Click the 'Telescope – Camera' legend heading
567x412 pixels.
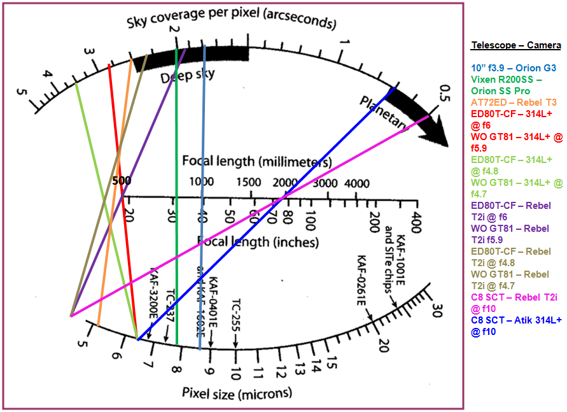point(515,45)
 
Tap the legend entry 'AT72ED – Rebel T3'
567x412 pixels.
point(514,102)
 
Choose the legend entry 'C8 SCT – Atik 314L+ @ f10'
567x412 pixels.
point(516,326)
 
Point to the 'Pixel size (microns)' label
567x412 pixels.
point(237,393)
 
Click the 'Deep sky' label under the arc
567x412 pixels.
point(187,77)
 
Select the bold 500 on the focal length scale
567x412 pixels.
point(120,181)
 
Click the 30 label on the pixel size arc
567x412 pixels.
point(437,311)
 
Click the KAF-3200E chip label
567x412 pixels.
point(155,290)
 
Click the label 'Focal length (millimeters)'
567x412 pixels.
point(256,161)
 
